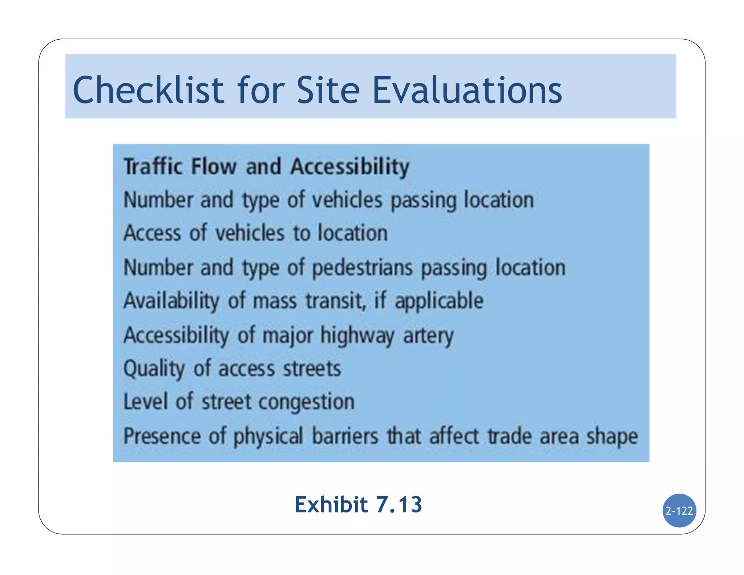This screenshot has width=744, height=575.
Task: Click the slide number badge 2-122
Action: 679,511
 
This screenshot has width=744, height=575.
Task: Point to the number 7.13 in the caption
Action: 399,504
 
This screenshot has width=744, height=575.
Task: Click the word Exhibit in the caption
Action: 331,504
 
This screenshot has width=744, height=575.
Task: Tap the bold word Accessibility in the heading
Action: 349,167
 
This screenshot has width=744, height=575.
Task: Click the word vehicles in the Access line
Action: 250,233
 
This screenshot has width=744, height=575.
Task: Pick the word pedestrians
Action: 362,268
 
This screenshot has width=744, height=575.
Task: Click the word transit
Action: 335,301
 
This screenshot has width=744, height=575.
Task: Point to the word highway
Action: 357,335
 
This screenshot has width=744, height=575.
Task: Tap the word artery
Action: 428,335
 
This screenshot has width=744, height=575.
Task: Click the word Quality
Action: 154,369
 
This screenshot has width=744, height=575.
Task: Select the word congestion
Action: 306,402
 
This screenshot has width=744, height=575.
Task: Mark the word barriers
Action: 345,436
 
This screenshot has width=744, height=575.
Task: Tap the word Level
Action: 145,402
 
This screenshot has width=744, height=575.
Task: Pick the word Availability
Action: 171,301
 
